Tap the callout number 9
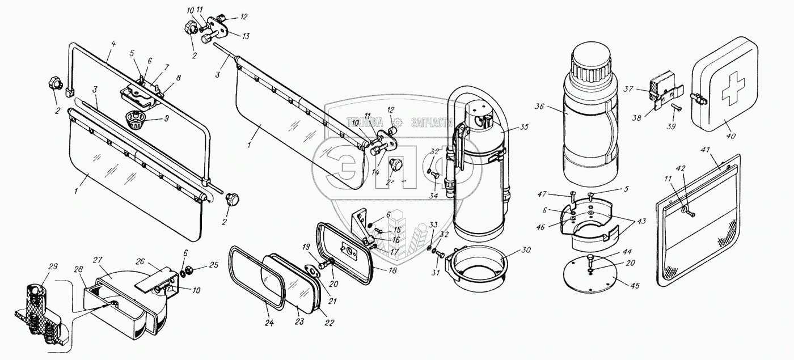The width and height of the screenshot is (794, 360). click(x=166, y=119)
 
